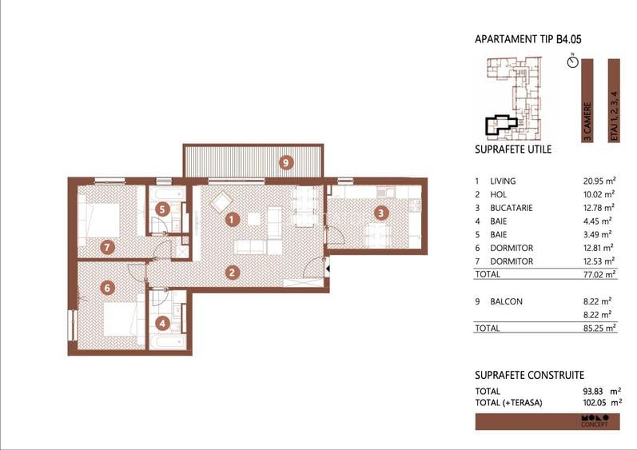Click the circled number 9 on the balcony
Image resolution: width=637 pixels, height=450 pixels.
click(x=286, y=162)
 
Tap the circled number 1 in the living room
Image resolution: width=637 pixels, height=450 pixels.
click(x=232, y=217)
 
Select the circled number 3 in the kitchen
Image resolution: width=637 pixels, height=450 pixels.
click(x=382, y=213)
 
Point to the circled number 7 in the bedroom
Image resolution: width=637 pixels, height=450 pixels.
click(x=107, y=247)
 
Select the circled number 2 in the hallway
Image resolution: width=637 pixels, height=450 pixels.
click(x=233, y=272)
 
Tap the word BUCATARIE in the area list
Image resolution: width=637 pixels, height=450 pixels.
click(x=513, y=208)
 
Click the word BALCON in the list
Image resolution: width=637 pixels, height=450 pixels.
click(x=506, y=301)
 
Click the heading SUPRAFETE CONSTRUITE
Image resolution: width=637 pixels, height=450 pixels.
click(x=529, y=375)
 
